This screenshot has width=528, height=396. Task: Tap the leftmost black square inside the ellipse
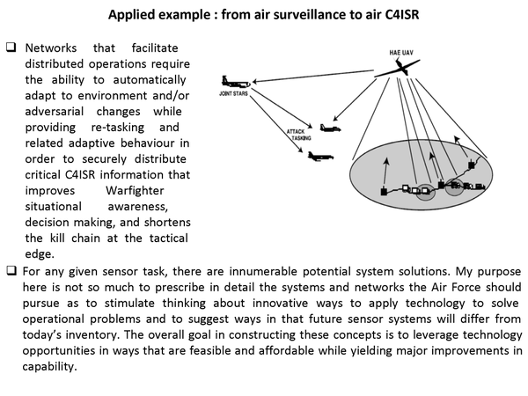point(383,191)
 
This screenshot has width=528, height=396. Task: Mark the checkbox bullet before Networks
point(11,47)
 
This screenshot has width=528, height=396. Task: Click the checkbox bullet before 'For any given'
point(11,269)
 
